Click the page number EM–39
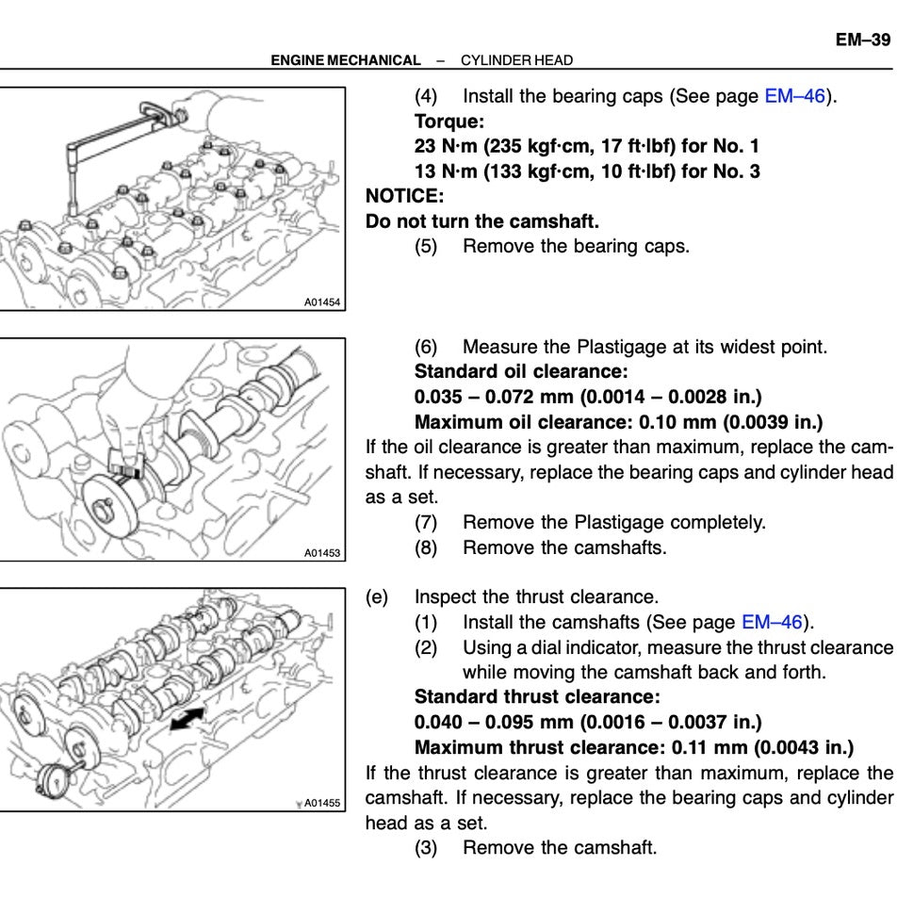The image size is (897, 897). [862, 40]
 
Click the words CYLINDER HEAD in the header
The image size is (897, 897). [516, 60]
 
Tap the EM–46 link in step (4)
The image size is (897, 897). [795, 96]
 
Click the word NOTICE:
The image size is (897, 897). [404, 196]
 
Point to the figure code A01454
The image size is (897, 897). [322, 302]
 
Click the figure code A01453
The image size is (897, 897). [322, 553]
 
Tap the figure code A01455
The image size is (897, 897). [322, 803]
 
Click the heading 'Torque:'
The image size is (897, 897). [449, 122]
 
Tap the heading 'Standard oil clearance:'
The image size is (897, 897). [521, 371]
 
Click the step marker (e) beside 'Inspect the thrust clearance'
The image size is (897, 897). [376, 596]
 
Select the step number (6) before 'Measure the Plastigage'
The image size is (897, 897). [426, 347]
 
